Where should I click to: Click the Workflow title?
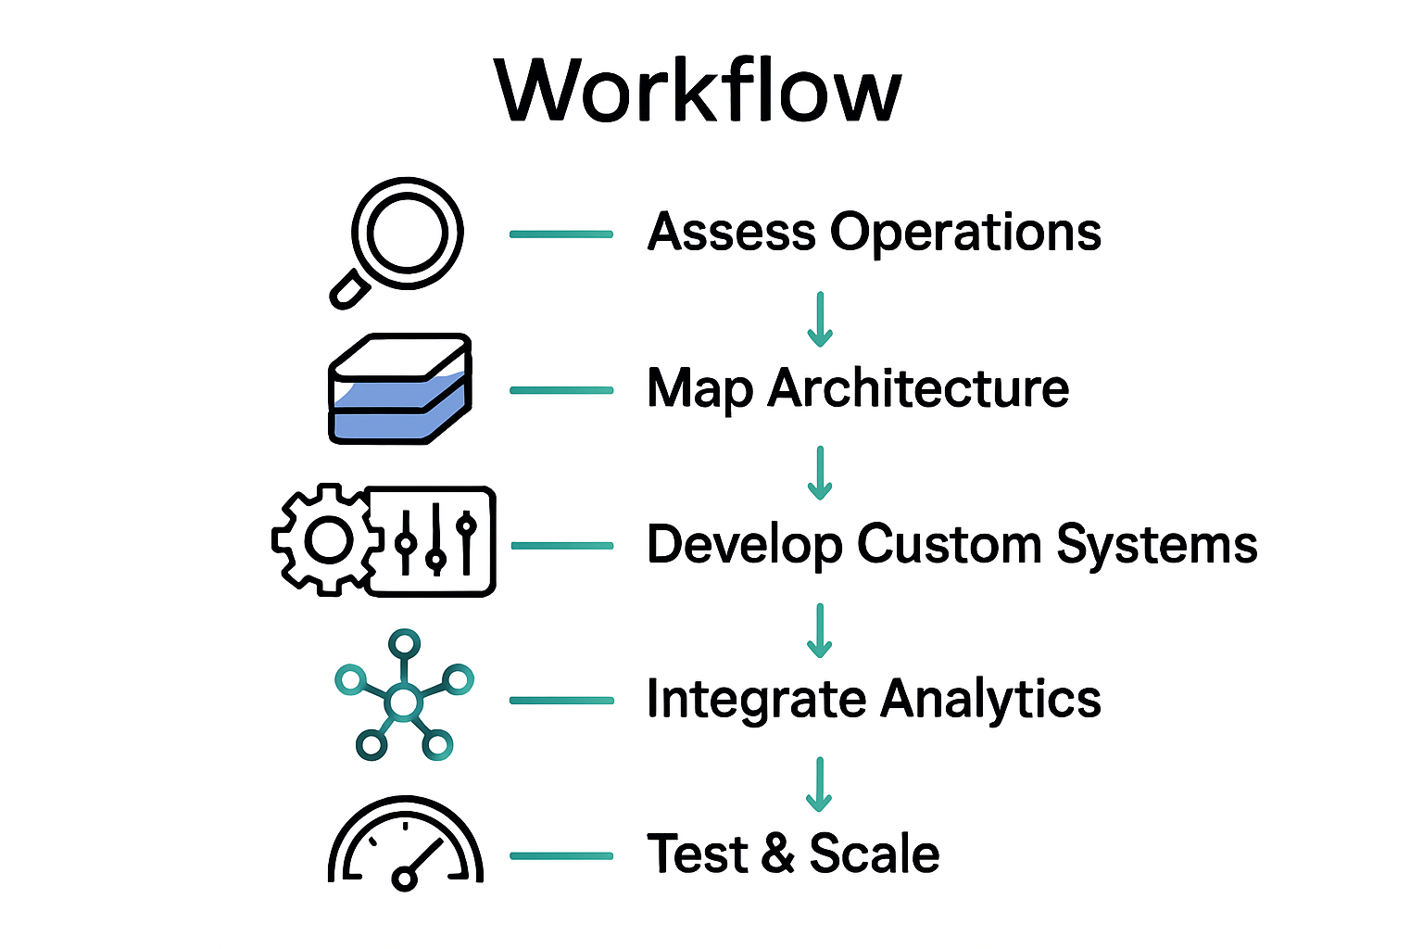[698, 91]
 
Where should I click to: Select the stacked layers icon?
[400, 389]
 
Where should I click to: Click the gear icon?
[327, 540]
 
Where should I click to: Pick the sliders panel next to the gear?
[433, 541]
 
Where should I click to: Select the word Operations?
[965, 234]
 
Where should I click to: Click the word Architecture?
[918, 388]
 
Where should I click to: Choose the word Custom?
[949, 544]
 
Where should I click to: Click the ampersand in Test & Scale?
[778, 854]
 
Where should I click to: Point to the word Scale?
[875, 854]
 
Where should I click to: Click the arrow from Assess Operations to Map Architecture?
[820, 319]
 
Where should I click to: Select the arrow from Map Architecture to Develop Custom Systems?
[820, 473]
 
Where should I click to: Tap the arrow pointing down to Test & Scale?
[819, 784]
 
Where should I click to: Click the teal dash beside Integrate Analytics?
[561, 701]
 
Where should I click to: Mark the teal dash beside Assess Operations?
[561, 234]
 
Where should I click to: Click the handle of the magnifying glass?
[349, 290]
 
